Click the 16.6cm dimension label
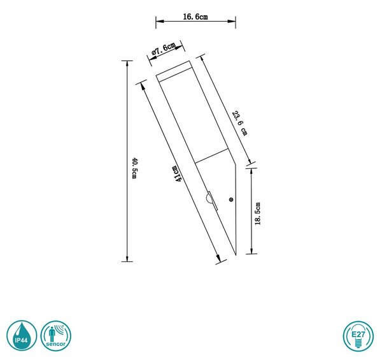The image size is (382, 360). pos(195,17)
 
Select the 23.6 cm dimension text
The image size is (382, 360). pos(240,123)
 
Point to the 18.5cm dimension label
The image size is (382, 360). pos(258,213)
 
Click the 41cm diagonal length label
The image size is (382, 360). pos(178,173)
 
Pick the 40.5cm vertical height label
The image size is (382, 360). pos(135,168)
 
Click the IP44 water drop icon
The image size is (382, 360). pos(22,336)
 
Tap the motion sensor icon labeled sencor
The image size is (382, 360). pos(56,336)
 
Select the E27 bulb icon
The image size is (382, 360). pos(358,336)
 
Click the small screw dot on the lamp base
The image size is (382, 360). pos(231,199)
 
